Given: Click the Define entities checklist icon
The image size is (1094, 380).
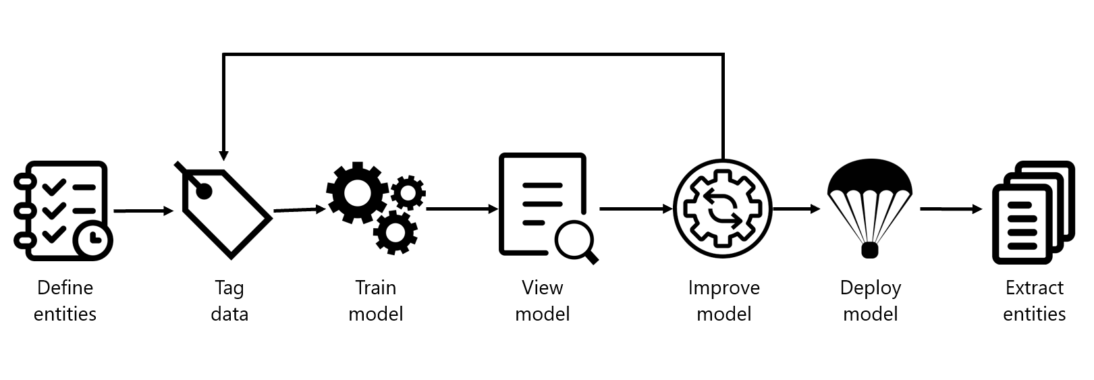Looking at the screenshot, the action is coord(63,211).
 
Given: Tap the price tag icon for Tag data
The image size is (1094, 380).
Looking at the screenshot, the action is coord(223,210).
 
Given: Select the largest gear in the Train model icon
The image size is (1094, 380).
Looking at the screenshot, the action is coord(357,193).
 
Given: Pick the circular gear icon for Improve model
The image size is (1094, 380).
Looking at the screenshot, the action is coord(722,209).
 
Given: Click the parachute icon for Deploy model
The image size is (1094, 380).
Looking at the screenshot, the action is coord(870,208).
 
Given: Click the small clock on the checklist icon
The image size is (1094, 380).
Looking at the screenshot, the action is coord(92,240).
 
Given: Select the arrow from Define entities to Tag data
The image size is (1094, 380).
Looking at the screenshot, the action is coord(144,211).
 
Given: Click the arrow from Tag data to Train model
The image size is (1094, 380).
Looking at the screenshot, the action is coord(300,210).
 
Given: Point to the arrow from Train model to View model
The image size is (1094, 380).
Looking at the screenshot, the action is coord(462,209).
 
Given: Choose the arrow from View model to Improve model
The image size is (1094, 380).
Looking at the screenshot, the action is coord(636,209).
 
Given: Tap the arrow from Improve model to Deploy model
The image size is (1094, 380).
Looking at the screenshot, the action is coord(796,209).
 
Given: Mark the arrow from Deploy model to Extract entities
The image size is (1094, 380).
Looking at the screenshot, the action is coord(951,209).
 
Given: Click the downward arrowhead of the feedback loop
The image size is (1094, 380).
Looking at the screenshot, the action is coord(223,156).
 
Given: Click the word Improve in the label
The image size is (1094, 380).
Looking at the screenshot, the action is coord(723,288).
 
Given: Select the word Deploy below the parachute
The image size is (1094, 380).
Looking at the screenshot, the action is coord(871,288).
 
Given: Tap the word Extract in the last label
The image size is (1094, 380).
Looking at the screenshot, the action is coord(1035,288).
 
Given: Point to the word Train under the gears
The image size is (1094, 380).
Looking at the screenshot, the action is coord(375,288).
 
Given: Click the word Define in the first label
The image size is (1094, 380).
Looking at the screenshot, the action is coord(65,288).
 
